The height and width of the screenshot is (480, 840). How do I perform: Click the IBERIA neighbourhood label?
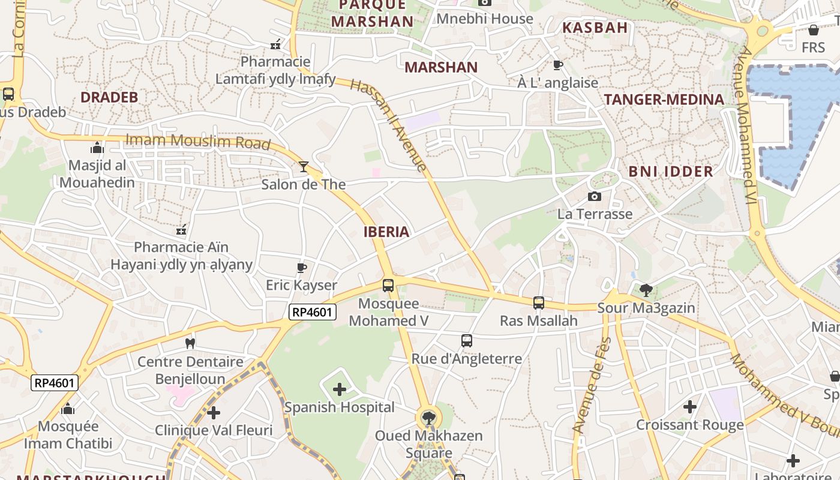[x=386, y=232]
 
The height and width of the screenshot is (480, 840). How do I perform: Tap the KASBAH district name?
[x=595, y=27]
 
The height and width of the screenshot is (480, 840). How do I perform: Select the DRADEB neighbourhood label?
[x=109, y=97]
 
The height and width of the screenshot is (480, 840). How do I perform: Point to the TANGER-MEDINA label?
[x=664, y=100]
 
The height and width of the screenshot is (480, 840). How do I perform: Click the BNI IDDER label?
[x=671, y=172]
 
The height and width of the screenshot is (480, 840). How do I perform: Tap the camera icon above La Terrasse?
[x=595, y=197]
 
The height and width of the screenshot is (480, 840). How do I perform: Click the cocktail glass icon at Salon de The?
[x=304, y=167]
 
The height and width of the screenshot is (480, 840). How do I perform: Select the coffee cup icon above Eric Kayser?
[x=302, y=268]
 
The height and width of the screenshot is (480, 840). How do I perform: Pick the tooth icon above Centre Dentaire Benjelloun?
[x=190, y=344]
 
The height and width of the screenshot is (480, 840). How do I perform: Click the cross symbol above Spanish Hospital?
[x=340, y=390]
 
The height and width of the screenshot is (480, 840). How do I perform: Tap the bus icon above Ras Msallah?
[x=539, y=303]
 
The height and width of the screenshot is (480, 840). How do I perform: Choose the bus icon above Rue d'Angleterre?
[x=467, y=341]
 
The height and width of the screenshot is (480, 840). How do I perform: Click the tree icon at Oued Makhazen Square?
[x=428, y=418]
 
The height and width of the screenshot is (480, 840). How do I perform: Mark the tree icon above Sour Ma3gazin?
[x=646, y=291]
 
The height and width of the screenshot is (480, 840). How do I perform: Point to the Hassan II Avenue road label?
[x=389, y=125]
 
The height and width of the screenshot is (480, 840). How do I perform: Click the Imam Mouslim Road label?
[x=198, y=142]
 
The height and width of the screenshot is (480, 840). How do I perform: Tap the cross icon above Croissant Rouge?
[x=690, y=407]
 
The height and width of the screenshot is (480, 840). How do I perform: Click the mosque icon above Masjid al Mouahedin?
[x=97, y=148]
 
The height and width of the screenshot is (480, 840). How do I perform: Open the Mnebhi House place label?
[x=485, y=19]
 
